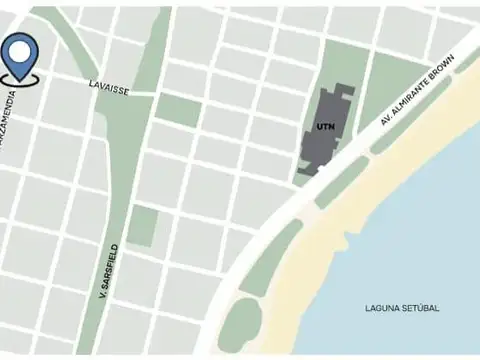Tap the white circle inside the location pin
19,48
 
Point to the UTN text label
324,127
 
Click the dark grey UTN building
330,145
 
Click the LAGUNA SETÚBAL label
402,308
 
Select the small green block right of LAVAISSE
178,109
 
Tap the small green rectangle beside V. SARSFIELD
142,226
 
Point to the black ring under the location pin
19,77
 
